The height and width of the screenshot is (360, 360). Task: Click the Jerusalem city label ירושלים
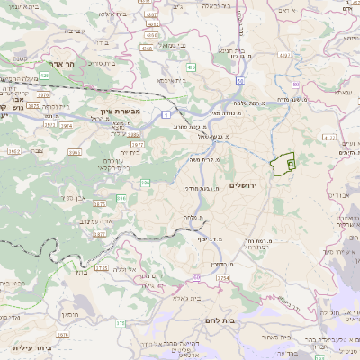point(243,184)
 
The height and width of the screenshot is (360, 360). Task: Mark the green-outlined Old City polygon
point(283,165)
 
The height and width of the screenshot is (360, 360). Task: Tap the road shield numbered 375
point(120,322)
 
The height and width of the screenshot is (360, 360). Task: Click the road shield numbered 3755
point(102,267)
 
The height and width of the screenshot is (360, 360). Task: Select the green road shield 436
point(191,67)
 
